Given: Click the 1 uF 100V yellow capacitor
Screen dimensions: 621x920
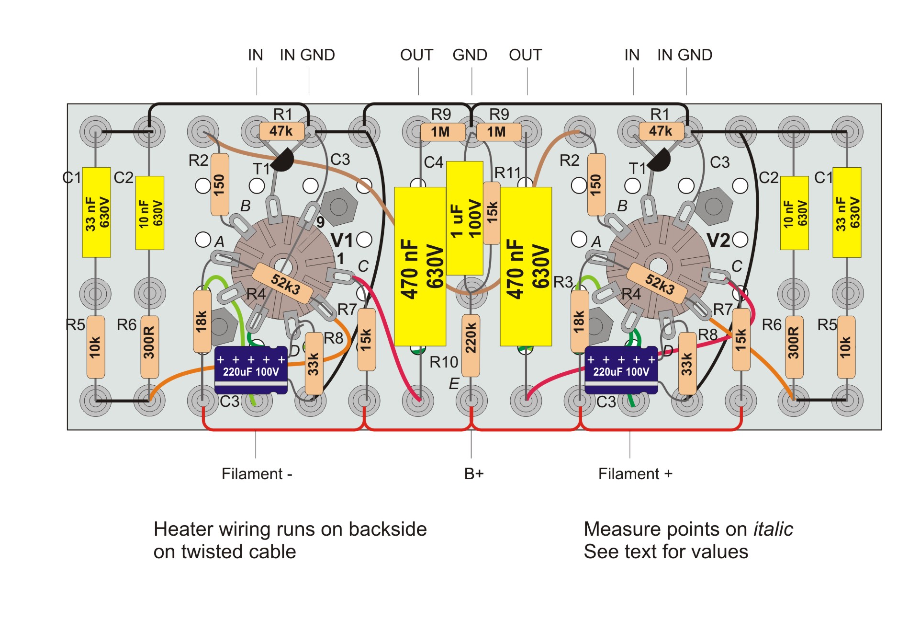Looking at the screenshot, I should click(x=464, y=218).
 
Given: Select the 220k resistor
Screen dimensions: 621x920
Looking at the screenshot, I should click(x=471, y=345).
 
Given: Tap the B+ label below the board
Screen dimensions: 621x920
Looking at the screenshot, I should click(x=474, y=474).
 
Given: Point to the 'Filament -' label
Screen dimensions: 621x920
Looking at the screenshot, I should click(x=257, y=474).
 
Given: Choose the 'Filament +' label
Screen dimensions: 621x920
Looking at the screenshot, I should click(x=635, y=474).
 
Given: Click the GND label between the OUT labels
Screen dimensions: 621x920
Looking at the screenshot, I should click(x=470, y=55).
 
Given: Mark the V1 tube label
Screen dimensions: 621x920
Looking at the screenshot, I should click(x=342, y=240).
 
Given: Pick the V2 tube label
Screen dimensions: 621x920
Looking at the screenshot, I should click(x=718, y=240).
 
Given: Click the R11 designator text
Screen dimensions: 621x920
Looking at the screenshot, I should click(x=507, y=172).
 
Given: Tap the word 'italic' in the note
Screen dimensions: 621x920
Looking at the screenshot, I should click(x=773, y=529).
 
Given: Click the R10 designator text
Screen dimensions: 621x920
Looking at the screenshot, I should click(x=444, y=362).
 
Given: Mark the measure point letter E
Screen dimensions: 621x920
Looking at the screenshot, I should click(x=454, y=383).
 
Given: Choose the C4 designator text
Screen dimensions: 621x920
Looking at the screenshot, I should click(x=433, y=162).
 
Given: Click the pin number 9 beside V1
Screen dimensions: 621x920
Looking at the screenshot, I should click(x=320, y=222).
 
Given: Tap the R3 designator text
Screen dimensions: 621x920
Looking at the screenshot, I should click(x=563, y=282).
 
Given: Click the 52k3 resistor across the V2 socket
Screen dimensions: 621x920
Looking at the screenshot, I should click(x=660, y=283).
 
